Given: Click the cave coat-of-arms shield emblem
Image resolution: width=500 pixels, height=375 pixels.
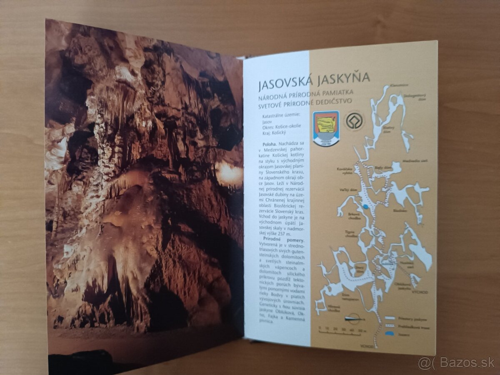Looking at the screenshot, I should [326, 127].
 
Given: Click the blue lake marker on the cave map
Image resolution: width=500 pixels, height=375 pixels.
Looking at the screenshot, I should [365, 206].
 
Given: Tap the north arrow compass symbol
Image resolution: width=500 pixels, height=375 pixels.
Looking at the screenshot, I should [353, 319].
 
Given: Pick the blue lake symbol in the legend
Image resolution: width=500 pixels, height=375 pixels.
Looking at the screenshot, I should [390, 333].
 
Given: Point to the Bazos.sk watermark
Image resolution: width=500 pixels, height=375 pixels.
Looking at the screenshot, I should [457, 363].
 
